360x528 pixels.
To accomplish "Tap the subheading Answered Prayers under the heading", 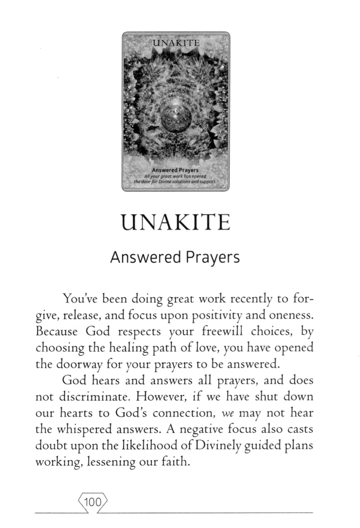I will point(175,258).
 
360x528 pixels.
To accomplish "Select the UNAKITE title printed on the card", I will point(176,42).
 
